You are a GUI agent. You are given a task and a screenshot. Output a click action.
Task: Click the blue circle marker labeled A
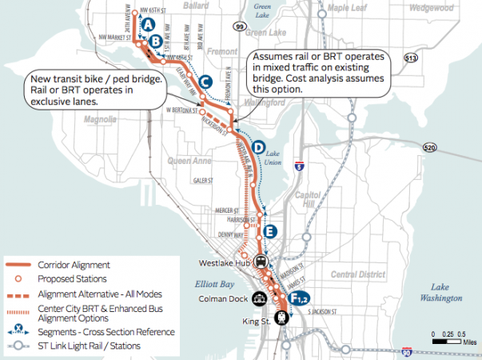tap(148, 26)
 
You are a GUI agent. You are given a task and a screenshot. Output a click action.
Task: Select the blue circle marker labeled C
tap(205, 82)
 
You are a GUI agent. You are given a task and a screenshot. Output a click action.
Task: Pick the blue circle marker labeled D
tap(258, 147)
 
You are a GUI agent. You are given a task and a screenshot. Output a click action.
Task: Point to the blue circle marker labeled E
tap(270, 231)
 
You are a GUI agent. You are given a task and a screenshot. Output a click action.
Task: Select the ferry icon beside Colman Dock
tap(257, 299)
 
